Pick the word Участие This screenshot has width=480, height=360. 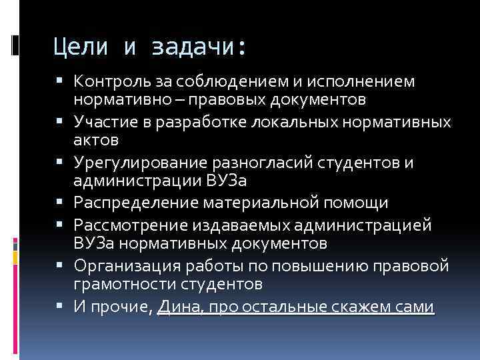(x=101, y=122)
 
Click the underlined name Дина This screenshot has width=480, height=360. (x=176, y=307)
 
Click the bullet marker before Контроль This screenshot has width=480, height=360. (x=66, y=82)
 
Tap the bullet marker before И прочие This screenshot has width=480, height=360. (x=66, y=307)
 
